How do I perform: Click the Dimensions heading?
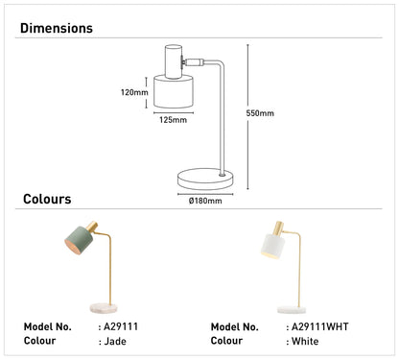57,28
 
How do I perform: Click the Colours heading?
47,199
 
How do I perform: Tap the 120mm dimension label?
134,92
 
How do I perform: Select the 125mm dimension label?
173,120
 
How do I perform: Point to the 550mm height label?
260,113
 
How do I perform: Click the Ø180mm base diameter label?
205,201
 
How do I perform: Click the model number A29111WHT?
320,326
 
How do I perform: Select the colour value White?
305,341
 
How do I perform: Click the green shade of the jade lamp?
79,240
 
